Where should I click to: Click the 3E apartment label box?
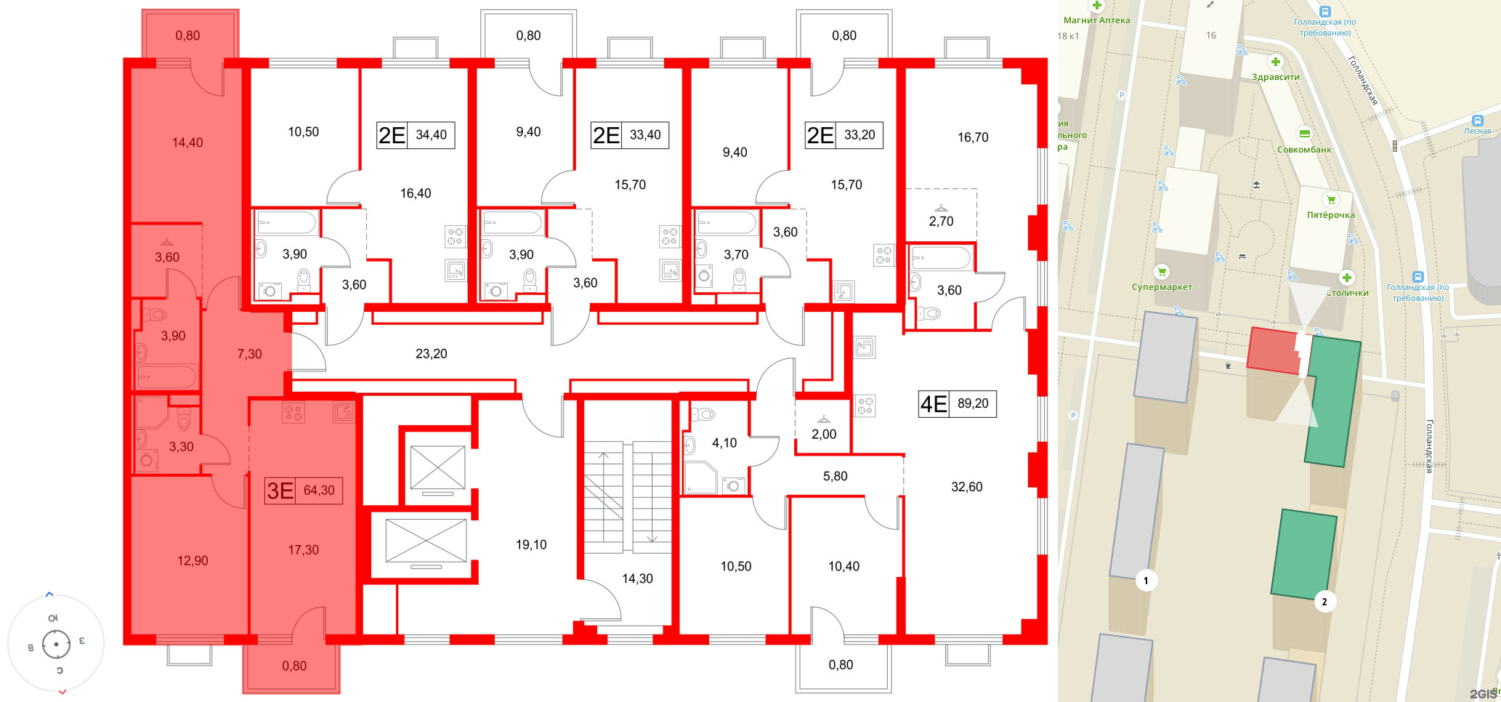(x=303, y=491)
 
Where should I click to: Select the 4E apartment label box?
(x=957, y=403)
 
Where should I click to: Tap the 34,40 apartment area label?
(x=432, y=135)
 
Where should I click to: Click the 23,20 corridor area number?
(x=431, y=354)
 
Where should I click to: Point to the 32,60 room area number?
(x=966, y=487)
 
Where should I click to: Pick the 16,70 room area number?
(x=972, y=137)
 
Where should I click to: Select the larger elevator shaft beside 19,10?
(x=426, y=541)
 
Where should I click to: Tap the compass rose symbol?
(x=56, y=644)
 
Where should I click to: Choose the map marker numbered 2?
(x=1324, y=602)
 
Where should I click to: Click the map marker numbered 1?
(x=1146, y=580)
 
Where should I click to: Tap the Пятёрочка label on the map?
(x=1330, y=215)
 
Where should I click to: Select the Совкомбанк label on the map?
(x=1304, y=150)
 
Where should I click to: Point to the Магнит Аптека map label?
(x=1096, y=20)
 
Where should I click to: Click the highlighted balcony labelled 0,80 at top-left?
(x=190, y=35)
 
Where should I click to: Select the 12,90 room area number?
(x=193, y=561)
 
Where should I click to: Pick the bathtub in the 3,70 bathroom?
(x=727, y=223)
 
